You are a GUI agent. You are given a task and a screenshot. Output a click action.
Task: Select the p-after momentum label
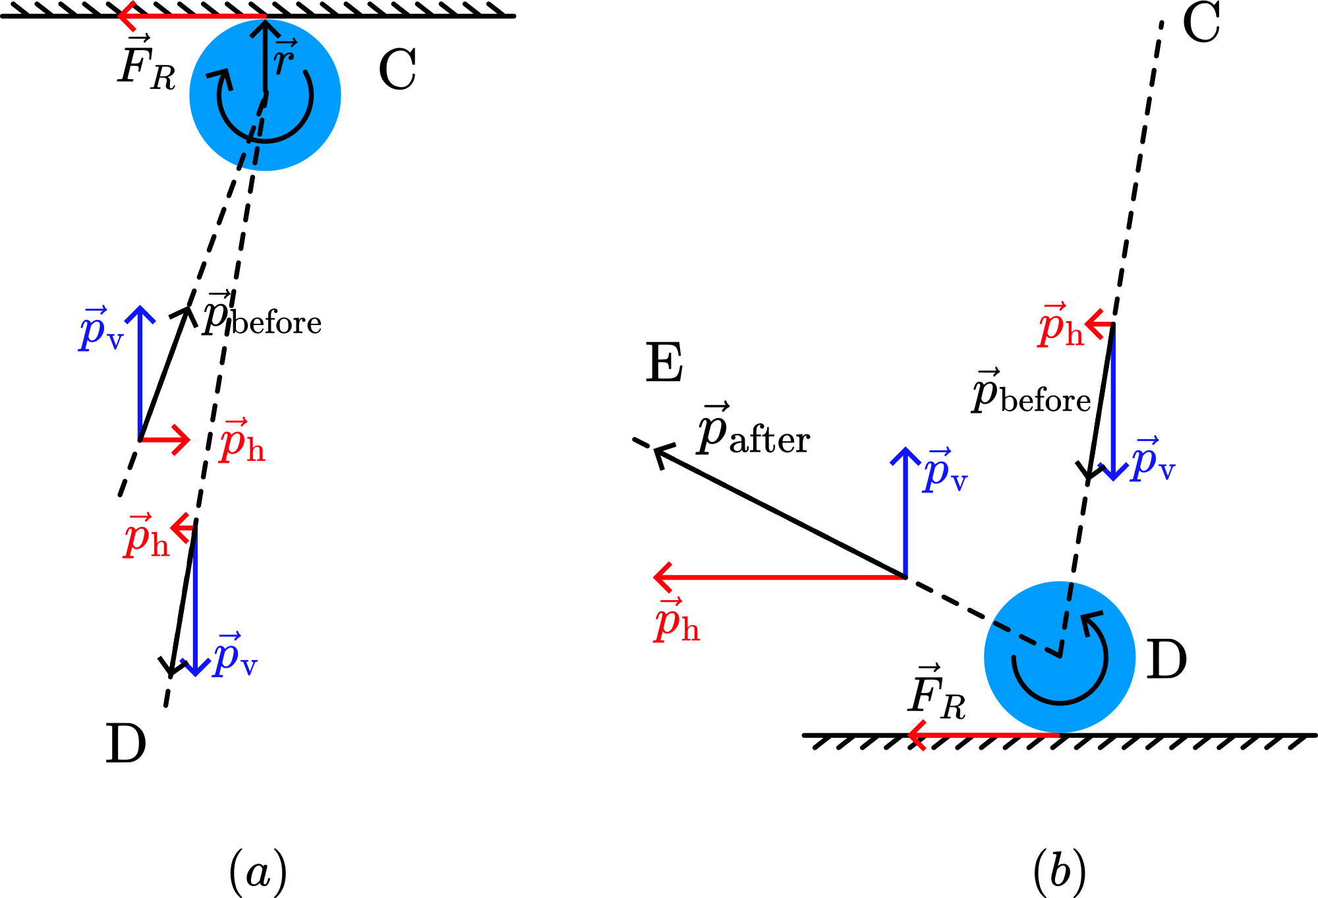point(753,431)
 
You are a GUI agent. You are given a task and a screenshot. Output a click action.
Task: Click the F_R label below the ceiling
point(146,64)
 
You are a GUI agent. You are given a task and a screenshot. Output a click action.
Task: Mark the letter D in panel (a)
point(125,744)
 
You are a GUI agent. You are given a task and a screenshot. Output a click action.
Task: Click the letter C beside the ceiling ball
point(397,69)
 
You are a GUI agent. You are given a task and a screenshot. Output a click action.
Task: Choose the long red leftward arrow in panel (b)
point(778,577)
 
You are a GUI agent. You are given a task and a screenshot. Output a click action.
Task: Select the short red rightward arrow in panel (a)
point(165,439)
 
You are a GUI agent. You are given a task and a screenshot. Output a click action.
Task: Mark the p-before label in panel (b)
point(1031,394)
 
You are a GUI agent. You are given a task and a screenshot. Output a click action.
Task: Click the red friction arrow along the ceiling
point(191,16)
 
